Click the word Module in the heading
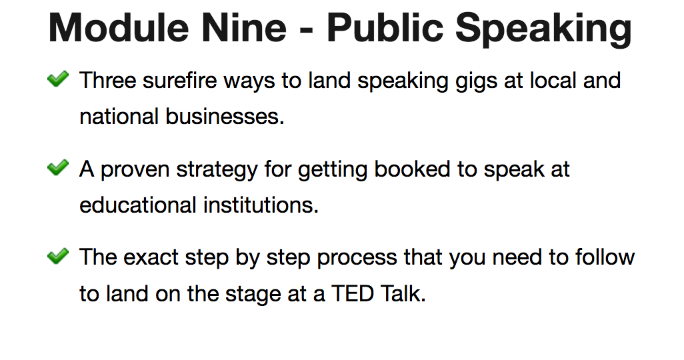coord(118,28)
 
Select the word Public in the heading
coord(385,28)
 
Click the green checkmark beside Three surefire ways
coord(58,79)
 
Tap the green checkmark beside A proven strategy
coord(58,167)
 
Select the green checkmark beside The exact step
coord(58,256)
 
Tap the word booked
coord(412,169)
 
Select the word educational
coord(138,205)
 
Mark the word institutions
coord(259,205)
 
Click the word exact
coord(151,257)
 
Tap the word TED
coord(353,293)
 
